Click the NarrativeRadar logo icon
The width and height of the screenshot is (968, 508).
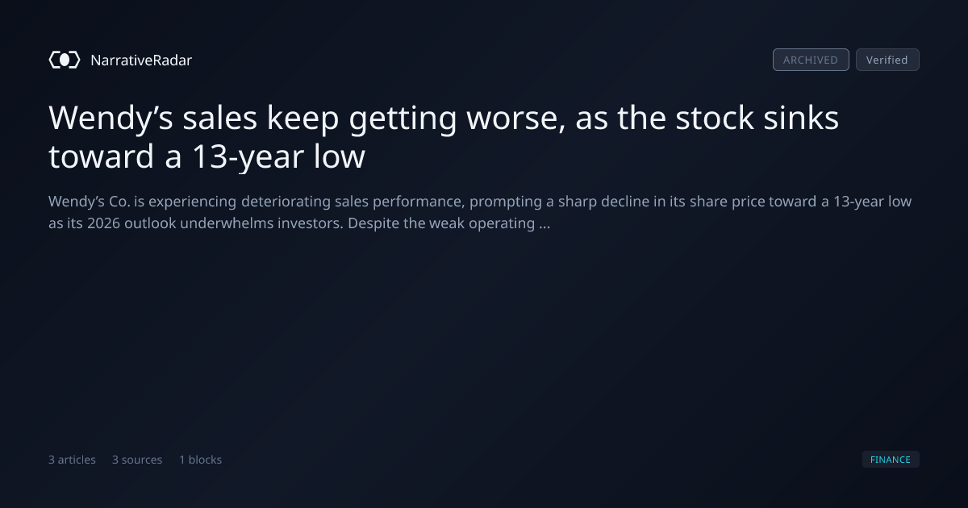coord(65,60)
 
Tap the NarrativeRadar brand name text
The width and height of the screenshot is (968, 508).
coord(141,60)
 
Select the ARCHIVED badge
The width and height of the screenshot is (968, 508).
coord(811,60)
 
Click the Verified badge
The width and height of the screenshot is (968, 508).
coord(887,60)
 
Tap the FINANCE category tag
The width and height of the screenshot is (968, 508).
coord(891,459)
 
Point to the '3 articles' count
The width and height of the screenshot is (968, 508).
coord(72,460)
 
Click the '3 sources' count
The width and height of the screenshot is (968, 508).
coord(137,460)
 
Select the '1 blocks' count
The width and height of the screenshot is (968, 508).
coord(201,460)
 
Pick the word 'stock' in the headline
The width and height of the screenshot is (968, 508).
coord(715,117)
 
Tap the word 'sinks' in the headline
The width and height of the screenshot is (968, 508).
coord(801,117)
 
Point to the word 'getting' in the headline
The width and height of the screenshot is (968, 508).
coord(403,119)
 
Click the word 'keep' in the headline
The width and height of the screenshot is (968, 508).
coord(303,119)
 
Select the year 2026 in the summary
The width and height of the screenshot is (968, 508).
coord(103,223)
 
